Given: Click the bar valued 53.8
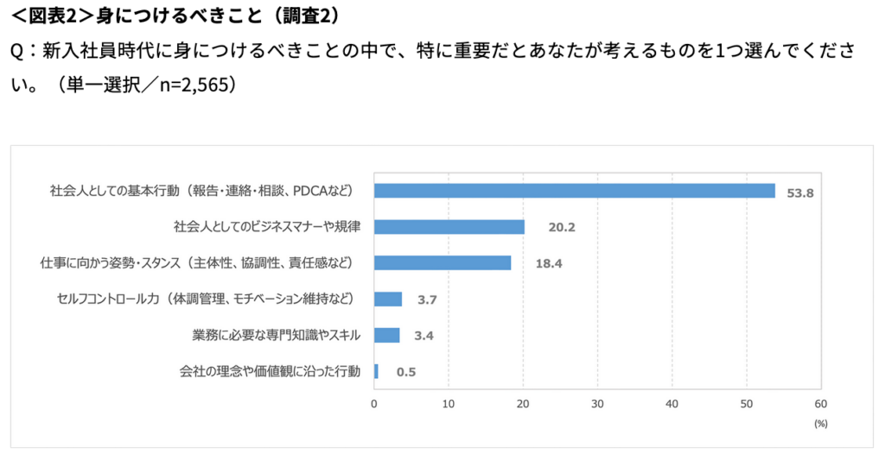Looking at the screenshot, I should tap(574, 191).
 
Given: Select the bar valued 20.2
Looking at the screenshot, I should tap(449, 227).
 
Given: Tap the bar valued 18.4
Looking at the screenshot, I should tap(442, 263).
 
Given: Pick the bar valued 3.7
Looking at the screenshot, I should tap(388, 300).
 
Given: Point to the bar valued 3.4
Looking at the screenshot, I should tap(387, 336).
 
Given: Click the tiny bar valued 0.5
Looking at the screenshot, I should tap(376, 372).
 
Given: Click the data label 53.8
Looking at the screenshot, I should tap(800, 192).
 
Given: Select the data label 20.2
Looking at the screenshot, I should tap(562, 228).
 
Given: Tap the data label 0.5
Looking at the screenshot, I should tap(406, 373).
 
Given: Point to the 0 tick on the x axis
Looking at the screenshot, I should tap(374, 403).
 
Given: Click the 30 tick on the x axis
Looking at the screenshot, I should tap(597, 403).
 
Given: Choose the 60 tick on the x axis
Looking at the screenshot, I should tap(820, 403).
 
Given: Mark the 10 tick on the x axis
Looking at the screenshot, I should tap(449, 403).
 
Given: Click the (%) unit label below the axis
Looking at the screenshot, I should tap(820, 424).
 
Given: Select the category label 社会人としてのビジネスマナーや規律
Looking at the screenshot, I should tap(267, 227).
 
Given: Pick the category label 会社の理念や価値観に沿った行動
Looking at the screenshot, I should tap(270, 372).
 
